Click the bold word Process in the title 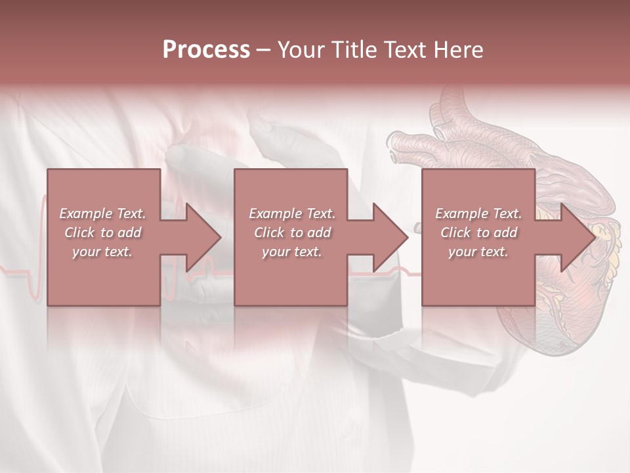[206, 49]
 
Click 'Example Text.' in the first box [102, 214]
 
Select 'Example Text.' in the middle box [291, 214]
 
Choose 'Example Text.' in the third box [478, 214]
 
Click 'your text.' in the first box [102, 252]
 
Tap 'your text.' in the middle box [291, 252]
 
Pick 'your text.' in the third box [478, 252]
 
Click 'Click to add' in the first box [102, 233]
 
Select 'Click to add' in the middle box [291, 233]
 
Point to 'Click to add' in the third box [478, 233]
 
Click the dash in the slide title [264, 50]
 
